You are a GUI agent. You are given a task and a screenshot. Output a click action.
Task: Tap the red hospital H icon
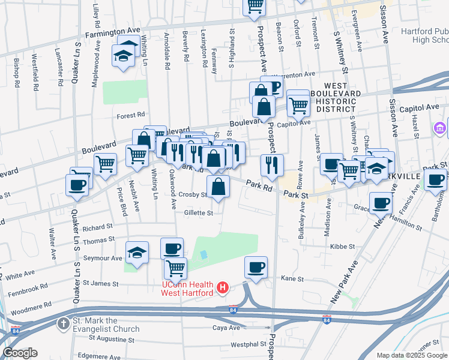tap(223, 288)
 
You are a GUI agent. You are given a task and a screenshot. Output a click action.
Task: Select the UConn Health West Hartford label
tap(187, 288)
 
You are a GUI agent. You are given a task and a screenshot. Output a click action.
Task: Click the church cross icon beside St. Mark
tap(63, 324)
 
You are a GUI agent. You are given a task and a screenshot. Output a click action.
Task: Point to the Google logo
tap(20, 353)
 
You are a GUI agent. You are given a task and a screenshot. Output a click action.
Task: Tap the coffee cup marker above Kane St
tap(256, 267)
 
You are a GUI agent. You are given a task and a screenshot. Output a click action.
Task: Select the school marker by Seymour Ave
tap(137, 253)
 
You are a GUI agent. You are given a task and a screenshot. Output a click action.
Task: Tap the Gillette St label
tap(199, 213)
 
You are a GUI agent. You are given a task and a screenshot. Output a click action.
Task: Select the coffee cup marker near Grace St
tap(381, 203)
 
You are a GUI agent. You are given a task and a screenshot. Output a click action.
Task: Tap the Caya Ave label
tap(226, 328)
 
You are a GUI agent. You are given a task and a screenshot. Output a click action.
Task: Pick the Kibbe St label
tap(339, 246)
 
